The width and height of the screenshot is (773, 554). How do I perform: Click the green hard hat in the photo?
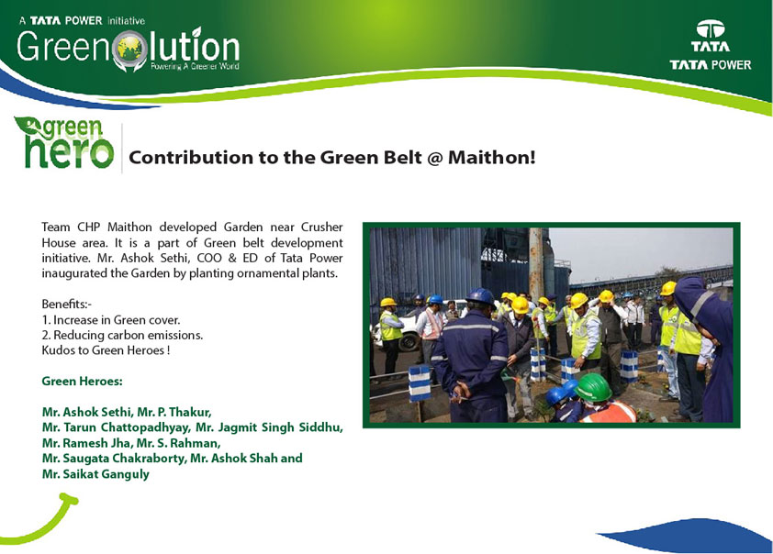point(593,387)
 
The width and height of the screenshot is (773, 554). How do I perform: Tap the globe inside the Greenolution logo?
point(129,50)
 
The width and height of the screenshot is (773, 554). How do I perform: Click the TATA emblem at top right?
point(710,29)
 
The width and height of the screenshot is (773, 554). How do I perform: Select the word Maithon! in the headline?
point(491,158)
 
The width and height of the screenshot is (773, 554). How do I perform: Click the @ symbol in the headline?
point(434,158)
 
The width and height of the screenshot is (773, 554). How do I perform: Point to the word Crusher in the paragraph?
point(322,227)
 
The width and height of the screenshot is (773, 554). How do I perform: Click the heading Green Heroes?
point(82,382)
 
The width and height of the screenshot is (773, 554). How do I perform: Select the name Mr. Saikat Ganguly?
point(95,474)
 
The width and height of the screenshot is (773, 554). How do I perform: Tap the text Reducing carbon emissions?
point(128,336)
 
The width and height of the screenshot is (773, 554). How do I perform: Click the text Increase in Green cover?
point(117,320)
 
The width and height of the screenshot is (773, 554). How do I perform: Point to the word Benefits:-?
point(66,304)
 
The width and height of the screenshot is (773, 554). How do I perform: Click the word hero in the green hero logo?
point(69,151)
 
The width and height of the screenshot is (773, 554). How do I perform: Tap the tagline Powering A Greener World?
point(195,66)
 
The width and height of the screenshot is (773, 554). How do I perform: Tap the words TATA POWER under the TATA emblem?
point(710,65)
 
